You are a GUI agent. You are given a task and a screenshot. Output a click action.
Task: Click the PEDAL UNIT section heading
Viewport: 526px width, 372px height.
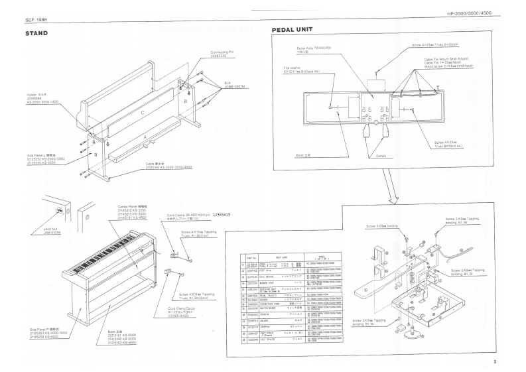298,31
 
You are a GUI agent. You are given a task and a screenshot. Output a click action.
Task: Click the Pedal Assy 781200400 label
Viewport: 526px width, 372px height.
312,49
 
